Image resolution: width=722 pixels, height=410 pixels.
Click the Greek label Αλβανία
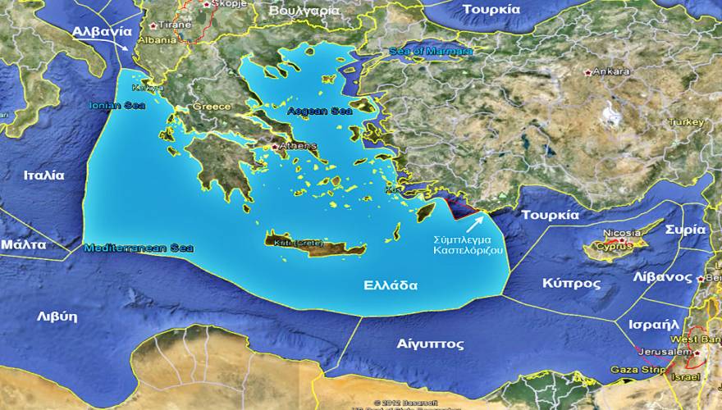pyautogui.click(x=102, y=31)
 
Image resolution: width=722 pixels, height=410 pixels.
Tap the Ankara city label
pyautogui.click(x=611, y=72)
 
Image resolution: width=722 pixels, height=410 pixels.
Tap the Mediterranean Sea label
pyautogui.click(x=139, y=248)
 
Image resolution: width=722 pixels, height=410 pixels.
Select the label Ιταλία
pyautogui.click(x=43, y=175)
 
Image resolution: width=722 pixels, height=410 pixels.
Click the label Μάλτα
pyautogui.click(x=23, y=244)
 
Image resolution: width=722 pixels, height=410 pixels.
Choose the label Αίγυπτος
pyautogui.click(x=430, y=344)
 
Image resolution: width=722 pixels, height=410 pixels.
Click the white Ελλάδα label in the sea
pyautogui.click(x=391, y=286)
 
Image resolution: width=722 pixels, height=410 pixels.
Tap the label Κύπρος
pyautogui.click(x=571, y=283)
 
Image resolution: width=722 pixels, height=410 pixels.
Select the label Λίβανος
pyautogui.click(x=661, y=277)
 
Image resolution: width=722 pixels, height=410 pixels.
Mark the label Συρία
pyautogui.click(x=684, y=230)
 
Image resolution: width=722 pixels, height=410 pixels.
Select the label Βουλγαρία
pyautogui.click(x=304, y=11)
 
